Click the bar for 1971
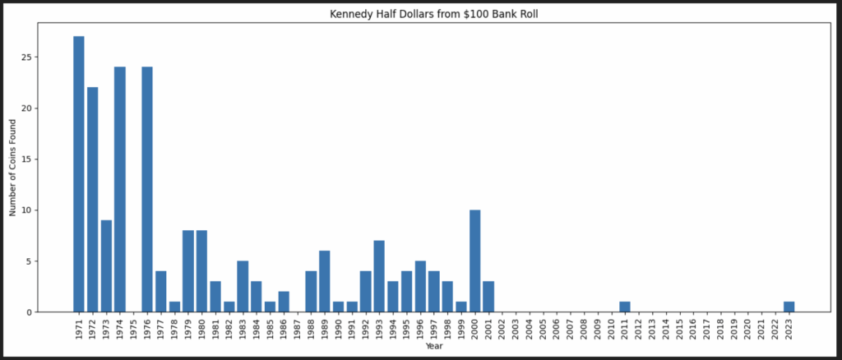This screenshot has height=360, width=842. tap(78, 174)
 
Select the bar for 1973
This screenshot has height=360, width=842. tap(106, 266)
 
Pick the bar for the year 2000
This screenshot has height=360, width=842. tap(474, 261)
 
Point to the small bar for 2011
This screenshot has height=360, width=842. tap(625, 307)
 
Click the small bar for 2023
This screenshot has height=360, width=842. tap(789, 307)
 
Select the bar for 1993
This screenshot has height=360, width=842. tap(379, 276)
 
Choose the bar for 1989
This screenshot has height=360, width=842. tap(325, 282)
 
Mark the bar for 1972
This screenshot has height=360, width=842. tap(92, 200)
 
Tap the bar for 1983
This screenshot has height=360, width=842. tap(243, 287)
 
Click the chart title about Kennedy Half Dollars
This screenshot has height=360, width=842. tap(420, 14)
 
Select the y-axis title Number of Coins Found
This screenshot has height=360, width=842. tap(13, 167)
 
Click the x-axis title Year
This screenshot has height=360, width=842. tap(433, 347)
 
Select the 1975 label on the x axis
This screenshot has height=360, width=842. tap(133, 328)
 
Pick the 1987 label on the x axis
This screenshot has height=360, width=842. tap(297, 328)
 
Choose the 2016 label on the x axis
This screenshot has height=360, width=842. tap(693, 328)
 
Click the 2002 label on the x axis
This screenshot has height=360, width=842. tap(502, 328)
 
